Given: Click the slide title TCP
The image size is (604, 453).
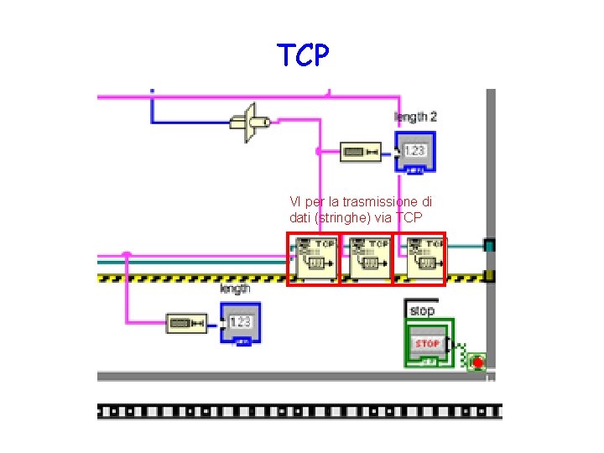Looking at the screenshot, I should pos(304,55).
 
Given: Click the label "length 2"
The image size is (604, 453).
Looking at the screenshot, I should pos(416,117).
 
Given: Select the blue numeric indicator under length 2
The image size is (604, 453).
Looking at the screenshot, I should pos(415,151).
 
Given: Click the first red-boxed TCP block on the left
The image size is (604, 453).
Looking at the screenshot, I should pos(313,258).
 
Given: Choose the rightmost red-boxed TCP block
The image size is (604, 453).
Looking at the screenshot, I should pos(425,258).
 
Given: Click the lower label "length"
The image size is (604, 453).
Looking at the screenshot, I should pos(235,289).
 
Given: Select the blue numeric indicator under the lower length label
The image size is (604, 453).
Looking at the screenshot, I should pos(240,322).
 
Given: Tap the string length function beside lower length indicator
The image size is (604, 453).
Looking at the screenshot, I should pos(186,323).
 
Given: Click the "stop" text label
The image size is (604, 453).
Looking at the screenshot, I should pos(422,310).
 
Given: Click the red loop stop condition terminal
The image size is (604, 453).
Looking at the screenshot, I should pos(477,362).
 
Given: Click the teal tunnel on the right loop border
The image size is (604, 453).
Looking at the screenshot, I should pos(490,245).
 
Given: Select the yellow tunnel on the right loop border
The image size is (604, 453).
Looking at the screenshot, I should pos(490,275).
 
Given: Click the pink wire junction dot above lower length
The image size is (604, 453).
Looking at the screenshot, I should pos(126,254).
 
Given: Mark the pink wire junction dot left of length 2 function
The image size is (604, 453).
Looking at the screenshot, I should pos(319,152).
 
